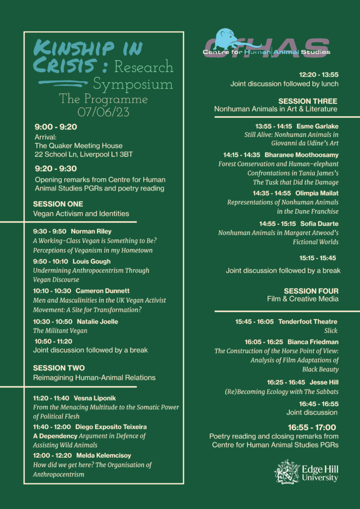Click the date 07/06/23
[x=103, y=112]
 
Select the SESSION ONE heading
[x=58, y=204]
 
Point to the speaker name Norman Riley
[x=91, y=231]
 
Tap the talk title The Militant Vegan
[x=60, y=331]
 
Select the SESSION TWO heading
[x=59, y=368]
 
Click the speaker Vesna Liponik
[x=94, y=398]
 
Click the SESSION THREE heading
[x=308, y=101]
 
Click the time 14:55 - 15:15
[x=277, y=224]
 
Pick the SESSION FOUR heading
[x=311, y=291]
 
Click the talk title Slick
[x=330, y=331]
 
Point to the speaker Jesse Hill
[x=324, y=382]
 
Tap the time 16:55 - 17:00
[x=312, y=427]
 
